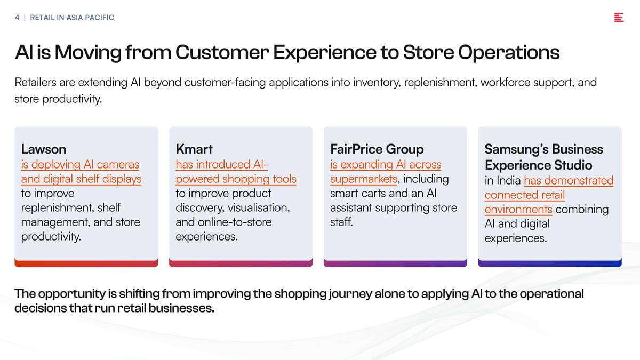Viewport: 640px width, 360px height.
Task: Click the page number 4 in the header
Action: [17, 18]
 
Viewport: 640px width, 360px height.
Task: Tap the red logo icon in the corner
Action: [619, 18]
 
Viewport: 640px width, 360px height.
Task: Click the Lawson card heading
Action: [44, 149]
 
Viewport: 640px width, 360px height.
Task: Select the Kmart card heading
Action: [194, 149]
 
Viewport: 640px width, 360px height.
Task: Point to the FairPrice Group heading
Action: [377, 149]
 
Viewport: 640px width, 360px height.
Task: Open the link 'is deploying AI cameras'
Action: [81, 165]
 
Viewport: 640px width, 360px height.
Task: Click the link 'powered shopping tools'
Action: [236, 179]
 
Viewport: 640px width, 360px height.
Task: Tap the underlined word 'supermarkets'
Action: [364, 179]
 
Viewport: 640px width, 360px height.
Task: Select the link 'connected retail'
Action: [525, 195]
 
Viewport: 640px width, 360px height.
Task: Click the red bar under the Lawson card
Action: [86, 263]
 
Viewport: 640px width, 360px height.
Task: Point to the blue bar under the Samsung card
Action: [550, 263]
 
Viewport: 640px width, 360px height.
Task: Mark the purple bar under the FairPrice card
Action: [395, 263]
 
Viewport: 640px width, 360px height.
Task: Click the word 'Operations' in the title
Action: [509, 53]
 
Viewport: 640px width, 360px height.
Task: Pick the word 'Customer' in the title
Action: [222, 53]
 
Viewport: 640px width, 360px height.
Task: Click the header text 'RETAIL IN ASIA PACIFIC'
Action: [72, 18]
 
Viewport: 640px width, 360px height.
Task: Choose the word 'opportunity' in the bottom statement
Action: [71, 294]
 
